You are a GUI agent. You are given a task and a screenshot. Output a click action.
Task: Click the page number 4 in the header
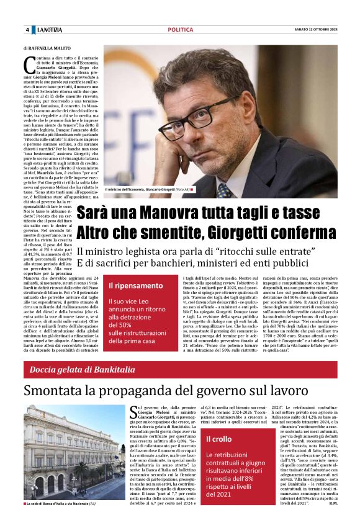[x=27, y=30]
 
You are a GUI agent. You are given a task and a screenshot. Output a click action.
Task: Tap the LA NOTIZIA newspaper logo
[x=50, y=30]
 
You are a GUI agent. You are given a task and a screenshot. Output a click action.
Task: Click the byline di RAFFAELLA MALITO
[x=48, y=48]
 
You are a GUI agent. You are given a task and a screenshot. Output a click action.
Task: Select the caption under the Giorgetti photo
[x=148, y=189]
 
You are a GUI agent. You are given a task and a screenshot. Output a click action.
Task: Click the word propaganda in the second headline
[x=155, y=391]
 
